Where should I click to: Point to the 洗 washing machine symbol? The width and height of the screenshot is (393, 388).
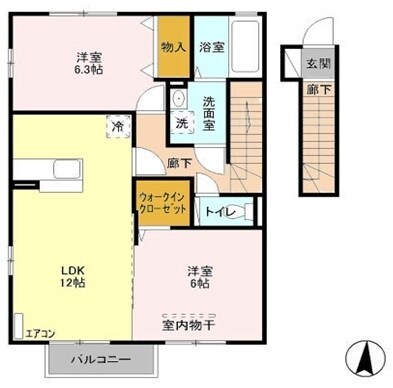(182, 123)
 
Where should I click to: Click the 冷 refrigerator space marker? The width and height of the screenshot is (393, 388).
(119, 127)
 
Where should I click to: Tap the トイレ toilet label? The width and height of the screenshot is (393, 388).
(220, 211)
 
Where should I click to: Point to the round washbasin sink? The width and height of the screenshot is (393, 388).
(177, 99)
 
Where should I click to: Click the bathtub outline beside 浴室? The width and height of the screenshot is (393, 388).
(246, 45)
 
